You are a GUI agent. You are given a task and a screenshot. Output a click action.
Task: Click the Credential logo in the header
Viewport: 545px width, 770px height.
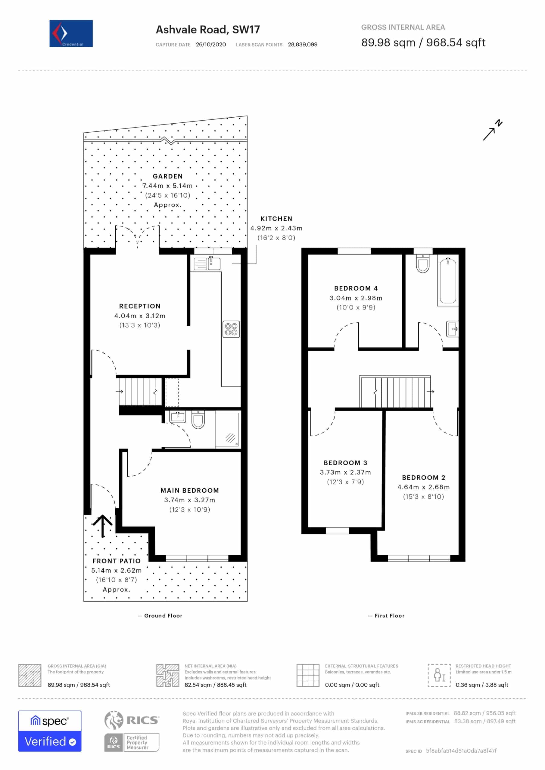coord(71,33)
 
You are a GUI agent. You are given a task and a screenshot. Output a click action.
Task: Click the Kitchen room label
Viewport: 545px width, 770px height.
coord(276,219)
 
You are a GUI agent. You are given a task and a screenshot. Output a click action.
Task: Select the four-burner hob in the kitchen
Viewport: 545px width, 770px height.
coord(231,329)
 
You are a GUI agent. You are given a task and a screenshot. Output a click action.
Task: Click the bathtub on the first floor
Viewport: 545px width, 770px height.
coord(448,281)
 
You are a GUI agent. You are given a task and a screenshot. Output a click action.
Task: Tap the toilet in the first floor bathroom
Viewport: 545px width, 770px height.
coord(422,263)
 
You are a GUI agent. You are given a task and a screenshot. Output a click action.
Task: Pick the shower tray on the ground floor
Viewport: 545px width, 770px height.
coord(227,430)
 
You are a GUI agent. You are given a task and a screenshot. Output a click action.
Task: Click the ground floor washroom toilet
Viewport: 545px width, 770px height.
coord(198,420)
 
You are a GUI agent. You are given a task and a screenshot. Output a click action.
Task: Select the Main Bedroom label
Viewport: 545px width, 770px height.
coord(190,490)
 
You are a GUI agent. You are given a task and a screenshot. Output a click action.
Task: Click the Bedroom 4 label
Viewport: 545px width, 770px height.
coord(356,288)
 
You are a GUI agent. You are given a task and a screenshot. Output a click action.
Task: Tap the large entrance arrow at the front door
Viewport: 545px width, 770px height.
coord(102,525)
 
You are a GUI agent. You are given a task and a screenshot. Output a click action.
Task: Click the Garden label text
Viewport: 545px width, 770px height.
coord(167,176)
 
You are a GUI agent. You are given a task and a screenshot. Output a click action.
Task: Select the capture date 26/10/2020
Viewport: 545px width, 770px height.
coord(211,45)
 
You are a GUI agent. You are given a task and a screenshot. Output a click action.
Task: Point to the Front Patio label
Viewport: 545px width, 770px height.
coord(117,561)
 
